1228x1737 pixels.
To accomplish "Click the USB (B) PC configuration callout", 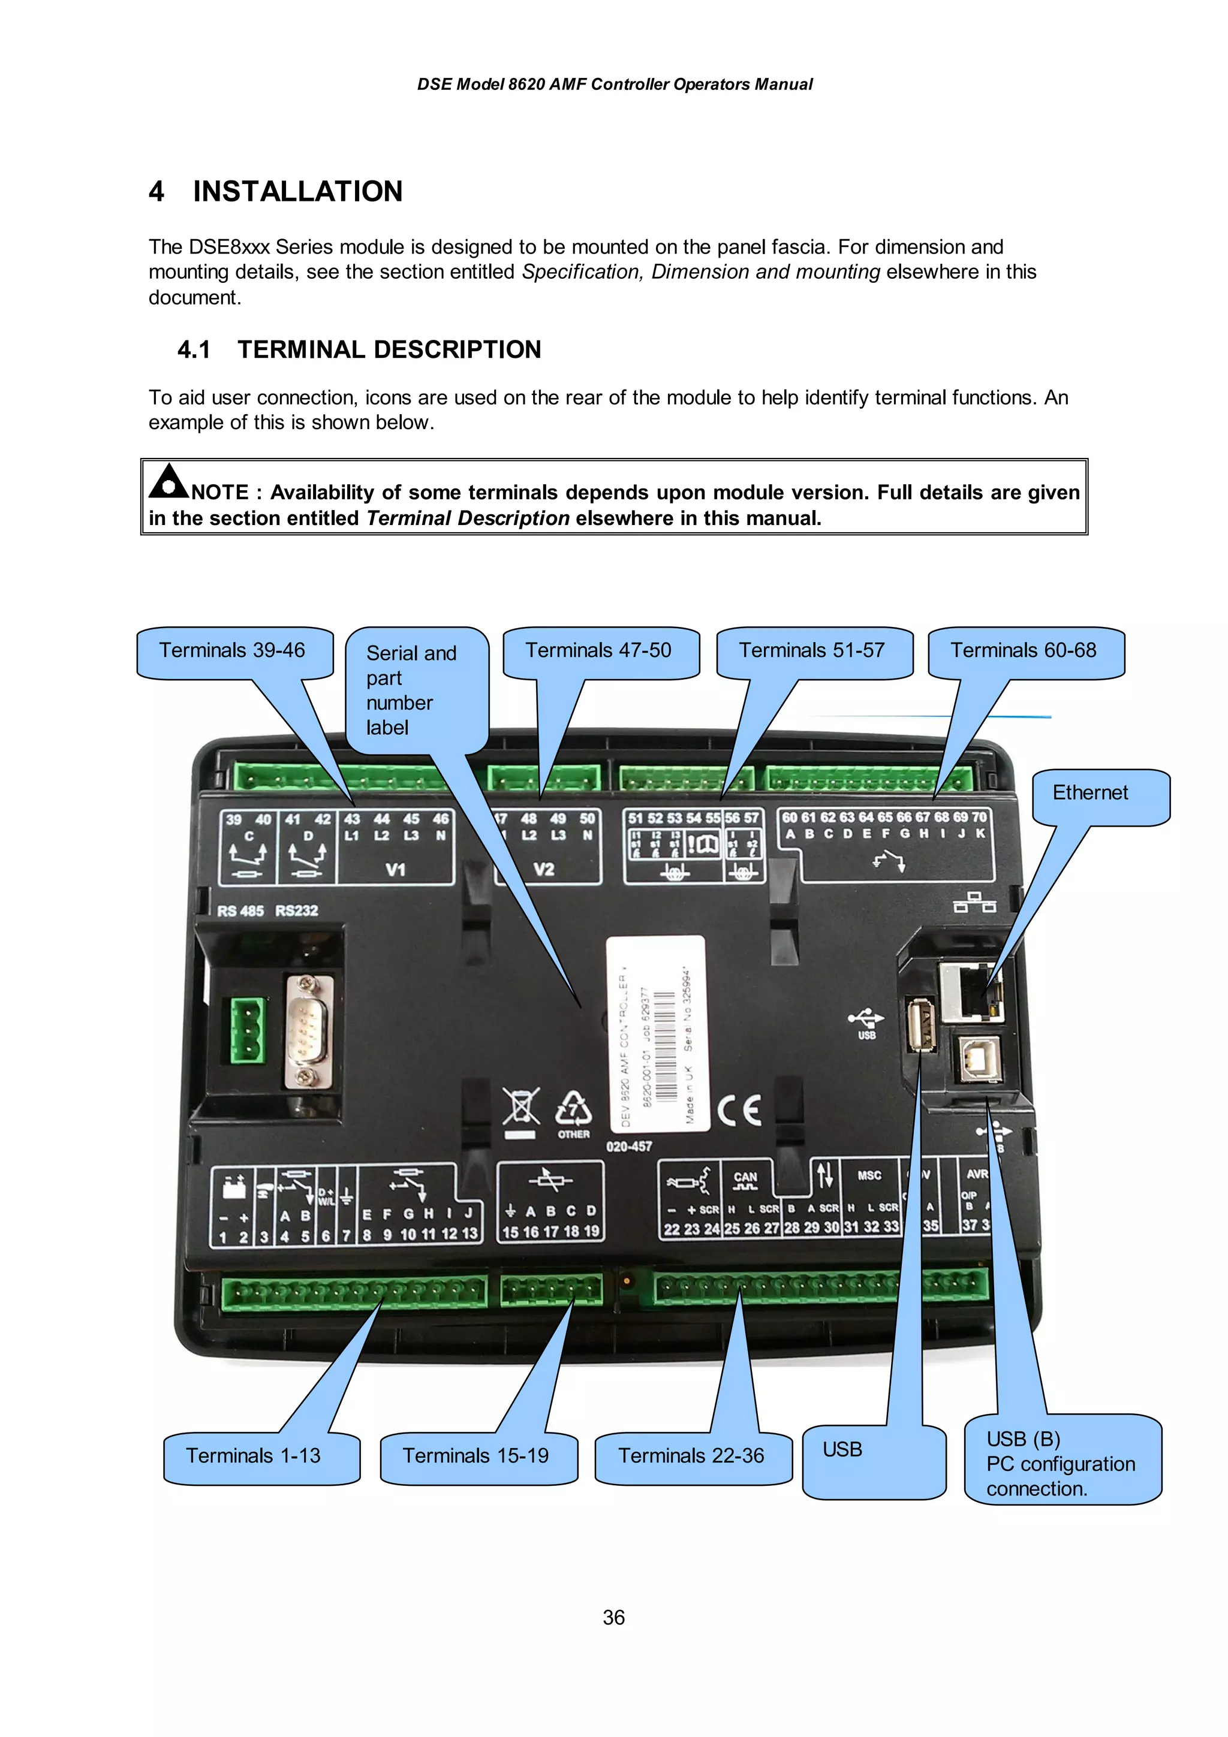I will point(1061,1464).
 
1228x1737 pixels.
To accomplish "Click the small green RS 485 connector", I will point(248,1030).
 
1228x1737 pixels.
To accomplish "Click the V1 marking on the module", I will point(395,870).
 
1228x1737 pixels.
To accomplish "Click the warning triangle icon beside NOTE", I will point(168,482).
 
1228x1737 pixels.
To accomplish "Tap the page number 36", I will point(613,1618).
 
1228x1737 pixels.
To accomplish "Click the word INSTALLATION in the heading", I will point(297,191).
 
